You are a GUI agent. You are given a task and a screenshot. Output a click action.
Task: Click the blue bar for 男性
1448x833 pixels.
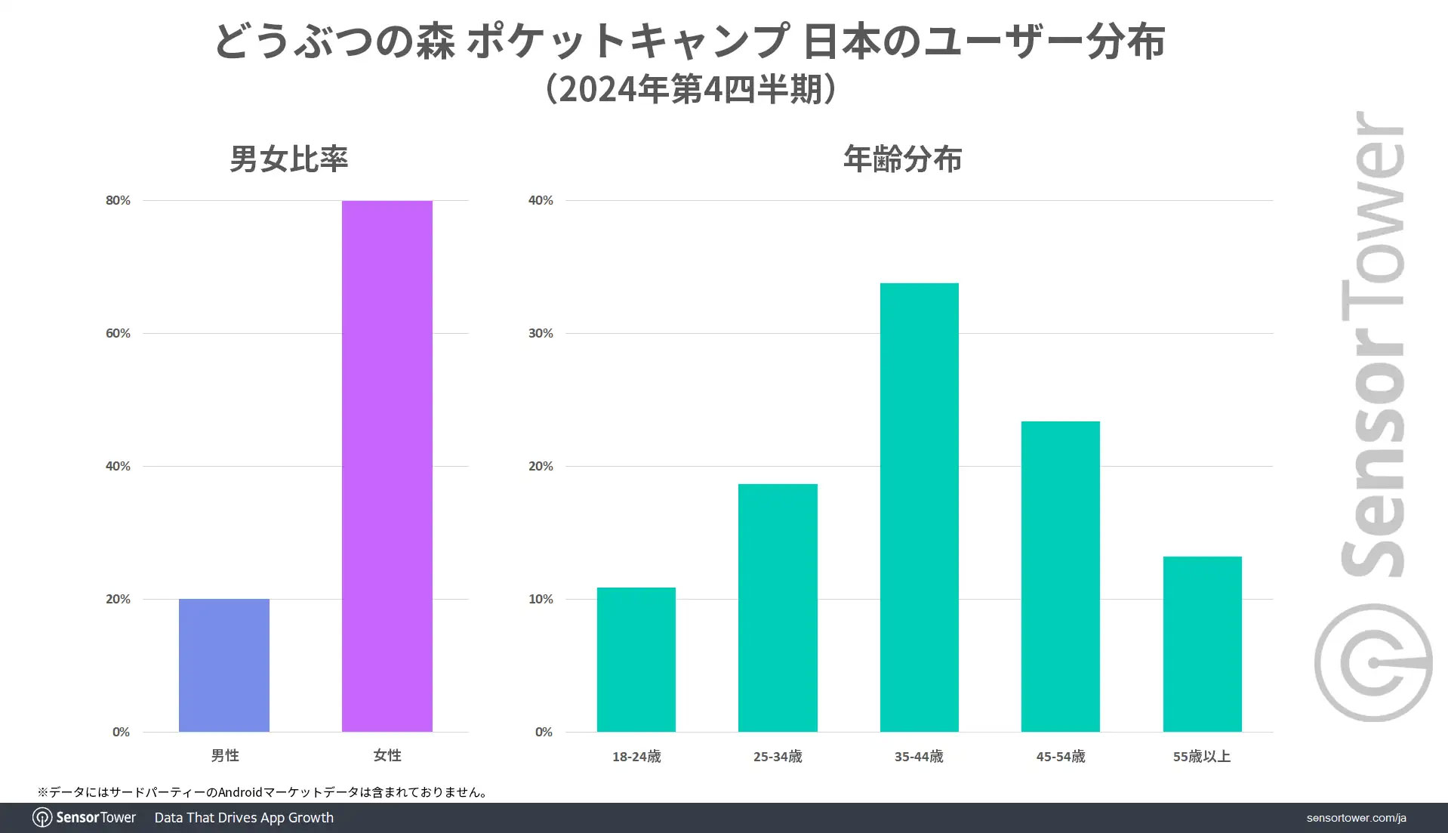point(224,665)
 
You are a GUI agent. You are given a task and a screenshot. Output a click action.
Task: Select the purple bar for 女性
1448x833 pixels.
point(387,466)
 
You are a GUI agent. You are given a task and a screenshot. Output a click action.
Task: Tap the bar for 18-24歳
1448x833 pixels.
point(636,659)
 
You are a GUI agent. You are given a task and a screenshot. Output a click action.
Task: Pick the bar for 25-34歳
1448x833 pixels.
point(778,607)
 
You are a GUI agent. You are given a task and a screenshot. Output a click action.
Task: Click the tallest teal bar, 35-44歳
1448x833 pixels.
point(919,507)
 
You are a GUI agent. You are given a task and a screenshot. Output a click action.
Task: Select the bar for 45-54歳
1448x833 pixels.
point(1060,576)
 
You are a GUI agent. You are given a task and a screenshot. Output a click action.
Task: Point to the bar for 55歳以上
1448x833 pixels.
point(1202,643)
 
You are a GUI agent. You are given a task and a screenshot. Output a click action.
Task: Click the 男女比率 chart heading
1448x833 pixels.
point(288,159)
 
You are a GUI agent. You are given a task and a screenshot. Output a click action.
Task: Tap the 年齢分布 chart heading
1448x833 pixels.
point(902,159)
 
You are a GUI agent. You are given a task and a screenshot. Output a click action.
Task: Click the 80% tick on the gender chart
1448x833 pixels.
point(118,200)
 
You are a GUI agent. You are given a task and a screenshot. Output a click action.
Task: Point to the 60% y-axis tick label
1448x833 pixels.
point(118,333)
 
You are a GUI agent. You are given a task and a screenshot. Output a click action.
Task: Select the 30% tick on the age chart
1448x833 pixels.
point(541,333)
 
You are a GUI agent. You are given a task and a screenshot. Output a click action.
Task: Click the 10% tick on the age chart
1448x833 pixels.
point(541,599)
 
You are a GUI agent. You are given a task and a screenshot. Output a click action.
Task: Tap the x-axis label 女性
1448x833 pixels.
point(387,755)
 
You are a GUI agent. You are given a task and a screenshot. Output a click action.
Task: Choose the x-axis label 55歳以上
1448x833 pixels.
point(1201,757)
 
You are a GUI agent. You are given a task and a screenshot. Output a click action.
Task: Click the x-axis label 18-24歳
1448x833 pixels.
point(636,757)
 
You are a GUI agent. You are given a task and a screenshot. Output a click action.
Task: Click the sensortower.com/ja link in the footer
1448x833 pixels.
point(1356,818)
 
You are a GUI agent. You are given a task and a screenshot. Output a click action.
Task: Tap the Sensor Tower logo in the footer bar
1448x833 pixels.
point(85,817)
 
